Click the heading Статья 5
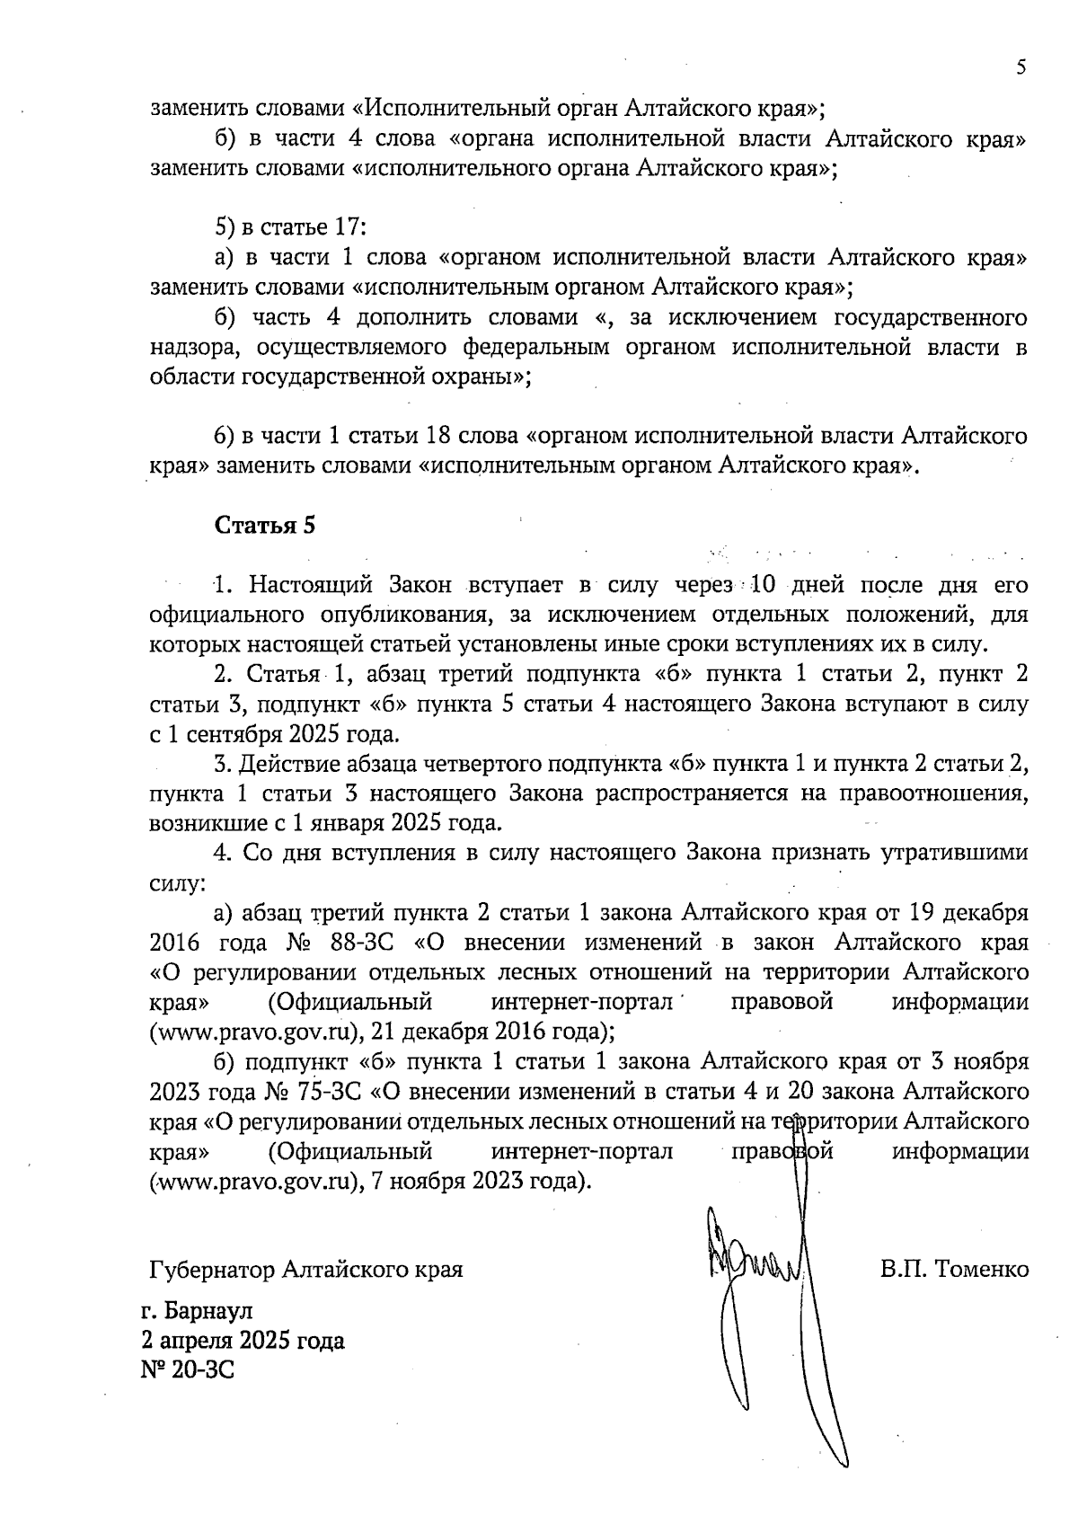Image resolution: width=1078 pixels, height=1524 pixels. [265, 527]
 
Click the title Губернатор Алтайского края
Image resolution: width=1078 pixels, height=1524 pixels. [306, 1271]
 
